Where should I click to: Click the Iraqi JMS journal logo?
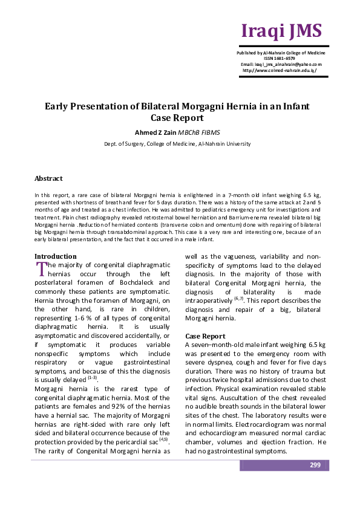click(x=281, y=31)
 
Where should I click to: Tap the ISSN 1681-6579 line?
click(x=281, y=59)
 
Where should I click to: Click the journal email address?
click(x=281, y=64)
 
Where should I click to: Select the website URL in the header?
click(x=280, y=70)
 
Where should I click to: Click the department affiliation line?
click(x=177, y=144)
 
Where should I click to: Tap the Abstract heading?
click(x=48, y=178)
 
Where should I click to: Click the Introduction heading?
click(x=55, y=256)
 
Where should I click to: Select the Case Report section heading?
click(x=206, y=336)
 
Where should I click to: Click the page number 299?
click(x=315, y=465)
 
